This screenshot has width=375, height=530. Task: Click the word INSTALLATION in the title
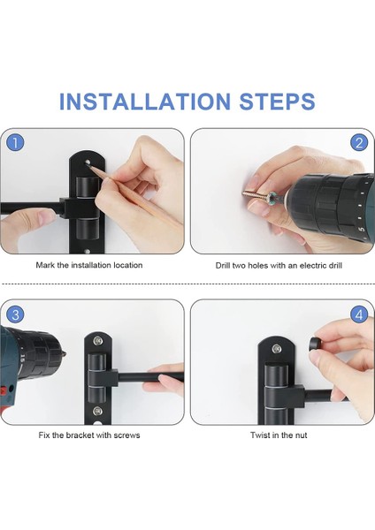click(x=145, y=102)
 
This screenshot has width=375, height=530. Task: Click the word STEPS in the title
click(x=277, y=102)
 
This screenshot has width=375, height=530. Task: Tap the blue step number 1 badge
click(x=15, y=143)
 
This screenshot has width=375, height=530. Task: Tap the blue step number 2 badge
click(x=359, y=143)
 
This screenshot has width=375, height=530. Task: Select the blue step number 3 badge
click(x=15, y=315)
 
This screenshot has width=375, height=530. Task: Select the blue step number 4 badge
click(x=359, y=315)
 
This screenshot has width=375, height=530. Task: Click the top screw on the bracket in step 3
click(x=98, y=341)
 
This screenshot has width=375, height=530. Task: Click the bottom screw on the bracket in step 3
click(x=98, y=411)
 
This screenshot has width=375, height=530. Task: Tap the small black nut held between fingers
click(x=315, y=344)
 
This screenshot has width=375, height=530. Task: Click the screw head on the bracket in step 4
click(x=277, y=348)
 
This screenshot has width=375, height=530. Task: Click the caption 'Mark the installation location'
click(x=89, y=265)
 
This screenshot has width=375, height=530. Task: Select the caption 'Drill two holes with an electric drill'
click(x=279, y=265)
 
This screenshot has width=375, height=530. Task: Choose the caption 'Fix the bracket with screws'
click(x=89, y=435)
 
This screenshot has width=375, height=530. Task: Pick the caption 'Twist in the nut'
click(x=279, y=435)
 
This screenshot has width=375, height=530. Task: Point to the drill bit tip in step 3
click(x=65, y=355)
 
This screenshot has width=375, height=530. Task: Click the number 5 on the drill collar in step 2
click(x=362, y=230)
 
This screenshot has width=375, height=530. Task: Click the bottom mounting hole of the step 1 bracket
click(x=87, y=252)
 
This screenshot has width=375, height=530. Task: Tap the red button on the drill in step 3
click(x=3, y=391)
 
